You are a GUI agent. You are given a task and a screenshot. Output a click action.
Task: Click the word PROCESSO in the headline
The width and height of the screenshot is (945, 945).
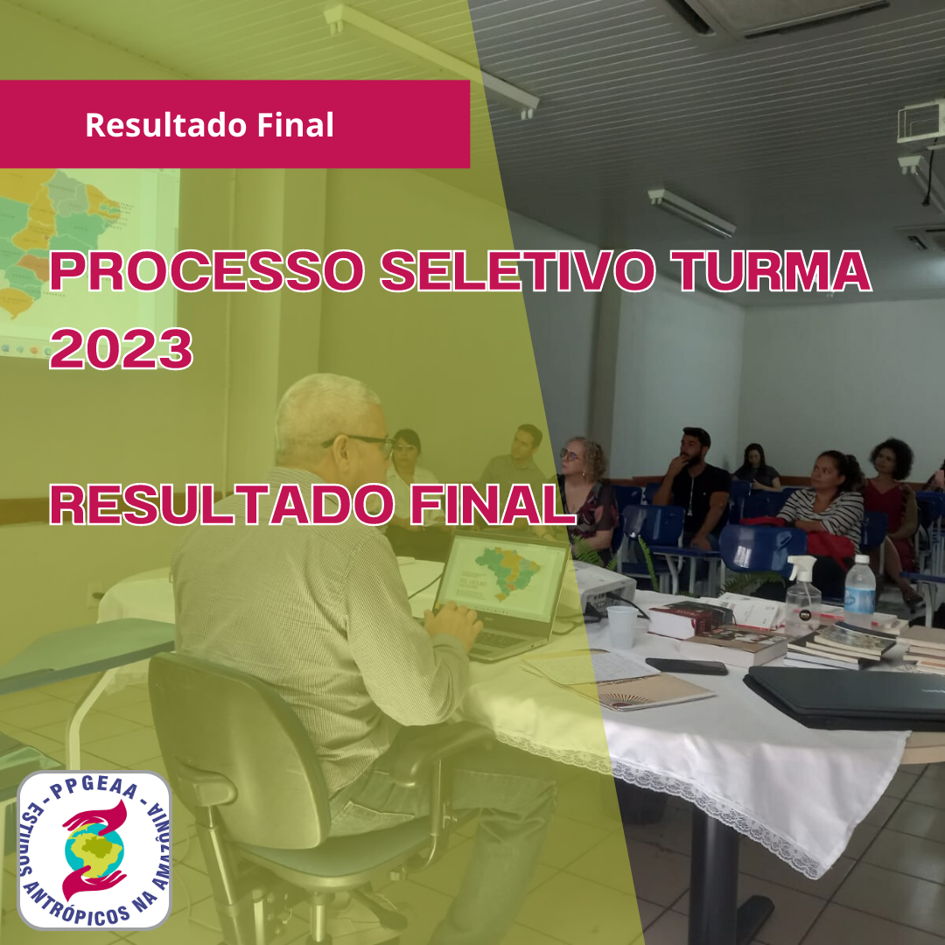point(206,270)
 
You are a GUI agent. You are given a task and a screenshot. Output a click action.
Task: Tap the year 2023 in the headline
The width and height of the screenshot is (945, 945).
point(121,348)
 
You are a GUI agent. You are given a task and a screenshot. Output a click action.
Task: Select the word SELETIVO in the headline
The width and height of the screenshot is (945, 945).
point(518,270)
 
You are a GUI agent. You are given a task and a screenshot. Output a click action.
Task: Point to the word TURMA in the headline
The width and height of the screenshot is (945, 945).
point(771,270)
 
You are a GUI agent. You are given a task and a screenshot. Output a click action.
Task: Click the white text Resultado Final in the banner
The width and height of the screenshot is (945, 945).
point(209,125)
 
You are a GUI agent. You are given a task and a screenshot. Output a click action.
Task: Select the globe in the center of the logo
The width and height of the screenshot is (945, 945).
point(94,850)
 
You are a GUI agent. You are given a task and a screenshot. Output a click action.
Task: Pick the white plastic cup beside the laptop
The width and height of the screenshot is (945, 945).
point(622,626)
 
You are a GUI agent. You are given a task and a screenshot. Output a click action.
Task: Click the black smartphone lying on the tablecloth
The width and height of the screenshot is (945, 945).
point(687,666)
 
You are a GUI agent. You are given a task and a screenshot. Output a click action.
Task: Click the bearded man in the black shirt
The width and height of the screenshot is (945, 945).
point(693,488)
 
